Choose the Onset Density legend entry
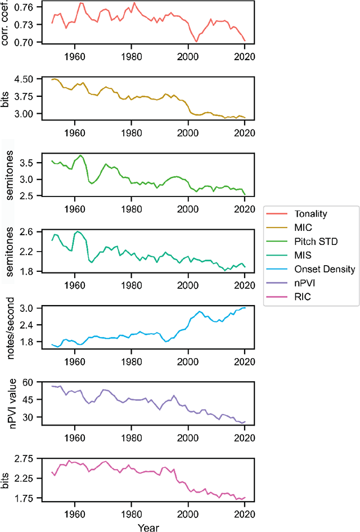tap(317, 269)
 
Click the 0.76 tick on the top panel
tap(26, 7)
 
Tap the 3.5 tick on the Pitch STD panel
tap(28, 163)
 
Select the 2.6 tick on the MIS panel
tap(28, 232)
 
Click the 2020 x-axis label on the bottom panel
tap(245, 512)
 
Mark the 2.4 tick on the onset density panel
tap(28, 325)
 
